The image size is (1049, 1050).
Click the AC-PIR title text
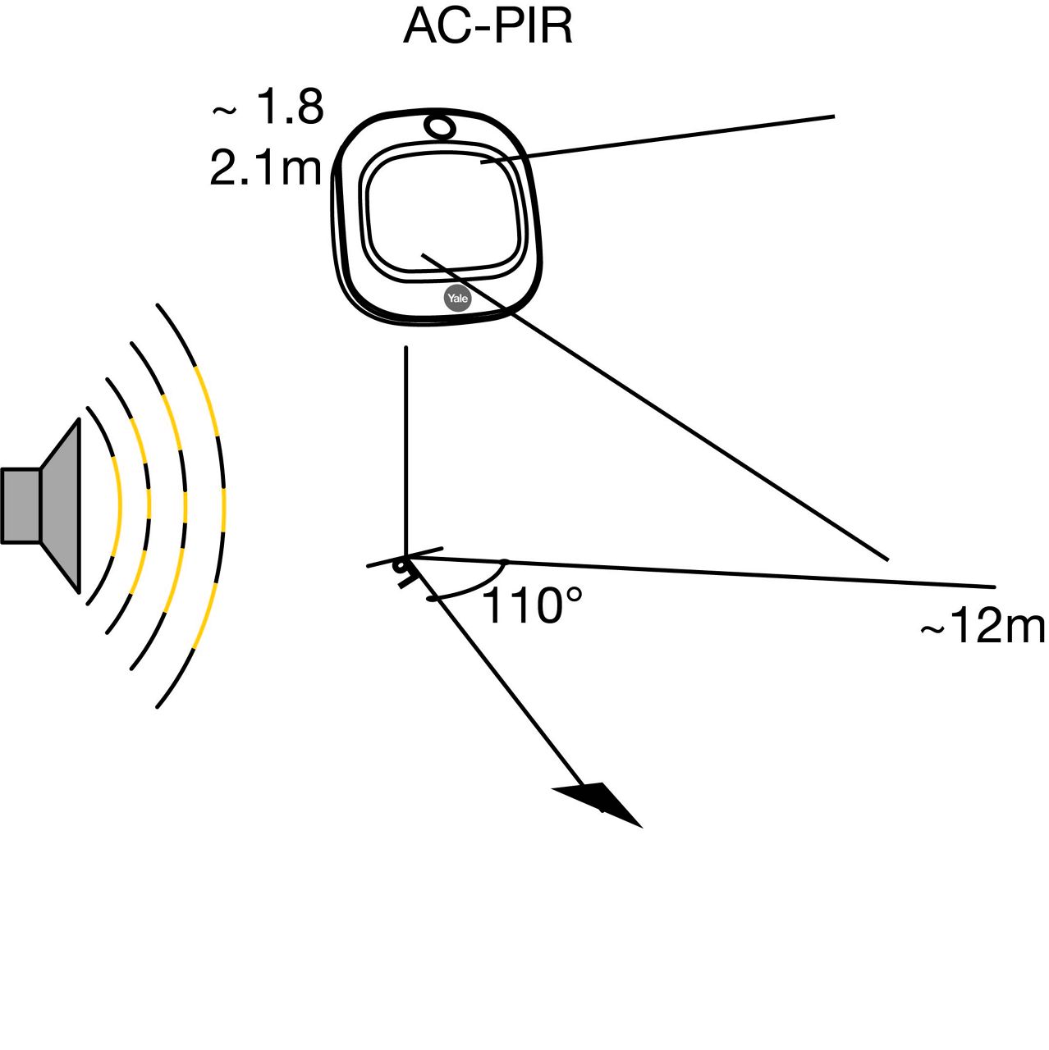click(x=488, y=27)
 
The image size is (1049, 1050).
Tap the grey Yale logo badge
click(x=458, y=299)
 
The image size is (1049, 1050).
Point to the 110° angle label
click(x=531, y=606)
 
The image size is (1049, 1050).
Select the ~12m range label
click(x=983, y=628)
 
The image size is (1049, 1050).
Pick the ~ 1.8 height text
click(x=269, y=107)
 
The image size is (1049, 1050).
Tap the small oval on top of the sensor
click(x=440, y=126)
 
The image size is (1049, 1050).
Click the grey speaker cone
click(x=61, y=505)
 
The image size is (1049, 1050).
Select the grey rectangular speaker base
click(x=21, y=505)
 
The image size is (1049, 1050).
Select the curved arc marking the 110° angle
click(x=476, y=584)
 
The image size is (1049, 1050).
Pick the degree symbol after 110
click(x=572, y=592)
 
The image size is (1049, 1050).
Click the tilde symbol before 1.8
click(x=224, y=110)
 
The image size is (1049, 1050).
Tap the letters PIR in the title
click(x=534, y=27)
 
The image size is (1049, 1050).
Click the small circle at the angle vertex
click(x=401, y=567)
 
